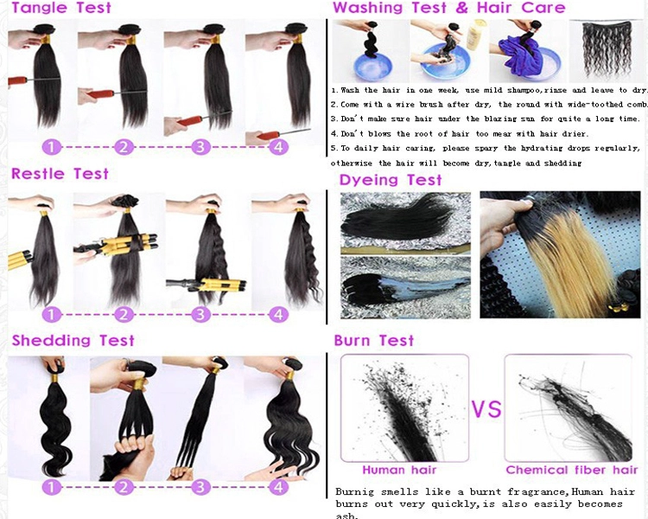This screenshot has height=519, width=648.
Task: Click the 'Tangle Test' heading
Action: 61,8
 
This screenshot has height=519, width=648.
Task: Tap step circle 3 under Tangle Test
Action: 200,147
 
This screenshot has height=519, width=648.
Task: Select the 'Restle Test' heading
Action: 60,173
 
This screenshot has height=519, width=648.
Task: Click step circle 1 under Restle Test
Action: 51,315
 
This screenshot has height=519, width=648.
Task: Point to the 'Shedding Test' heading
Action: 73,340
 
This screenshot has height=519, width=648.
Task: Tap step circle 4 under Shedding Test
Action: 278,487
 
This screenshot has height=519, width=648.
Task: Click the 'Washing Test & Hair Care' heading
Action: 448,8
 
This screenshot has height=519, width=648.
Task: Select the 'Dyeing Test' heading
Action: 391,180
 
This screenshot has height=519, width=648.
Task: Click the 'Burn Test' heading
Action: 373,340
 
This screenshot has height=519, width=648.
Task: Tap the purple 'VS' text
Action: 486,408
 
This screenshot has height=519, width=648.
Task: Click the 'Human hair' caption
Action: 399,470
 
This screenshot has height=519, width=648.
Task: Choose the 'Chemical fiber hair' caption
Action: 572,470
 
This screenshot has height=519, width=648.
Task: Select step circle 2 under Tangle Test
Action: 124,147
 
